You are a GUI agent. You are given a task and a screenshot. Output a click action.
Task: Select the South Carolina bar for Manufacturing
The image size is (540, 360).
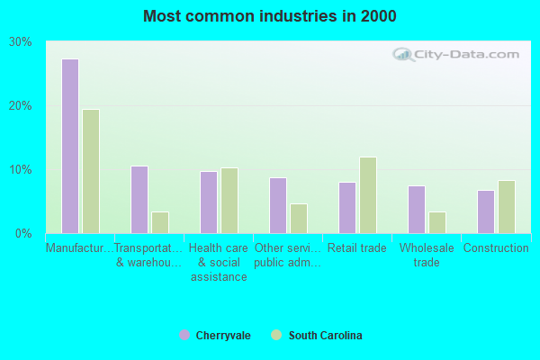click(x=91, y=171)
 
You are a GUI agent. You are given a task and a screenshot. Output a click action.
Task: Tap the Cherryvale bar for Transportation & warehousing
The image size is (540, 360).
click(x=139, y=199)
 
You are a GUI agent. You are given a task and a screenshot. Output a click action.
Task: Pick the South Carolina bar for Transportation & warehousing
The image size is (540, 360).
click(x=160, y=222)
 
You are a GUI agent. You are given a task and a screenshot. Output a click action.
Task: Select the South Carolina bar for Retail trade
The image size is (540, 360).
click(x=368, y=195)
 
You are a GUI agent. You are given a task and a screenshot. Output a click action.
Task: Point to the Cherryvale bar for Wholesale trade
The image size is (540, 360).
click(x=416, y=210)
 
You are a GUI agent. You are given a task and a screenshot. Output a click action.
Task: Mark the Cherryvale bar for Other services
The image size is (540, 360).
click(x=277, y=205)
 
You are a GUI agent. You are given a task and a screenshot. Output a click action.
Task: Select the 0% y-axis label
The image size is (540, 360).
click(x=23, y=234)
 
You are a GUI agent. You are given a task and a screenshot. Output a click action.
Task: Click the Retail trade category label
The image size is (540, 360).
click(x=357, y=248)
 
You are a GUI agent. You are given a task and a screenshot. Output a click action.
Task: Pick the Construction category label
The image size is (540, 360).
click(x=496, y=248)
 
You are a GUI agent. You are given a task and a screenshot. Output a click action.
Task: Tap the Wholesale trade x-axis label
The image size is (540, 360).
click(x=427, y=255)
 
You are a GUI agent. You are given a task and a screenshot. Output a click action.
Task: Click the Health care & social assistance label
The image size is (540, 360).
click(x=219, y=262)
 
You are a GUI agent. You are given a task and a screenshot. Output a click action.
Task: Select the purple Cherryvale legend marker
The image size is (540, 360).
click(x=184, y=336)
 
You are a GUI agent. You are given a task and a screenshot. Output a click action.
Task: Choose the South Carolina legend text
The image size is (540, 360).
click(x=325, y=336)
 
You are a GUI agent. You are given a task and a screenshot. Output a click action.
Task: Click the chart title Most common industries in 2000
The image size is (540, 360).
click(x=269, y=16)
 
